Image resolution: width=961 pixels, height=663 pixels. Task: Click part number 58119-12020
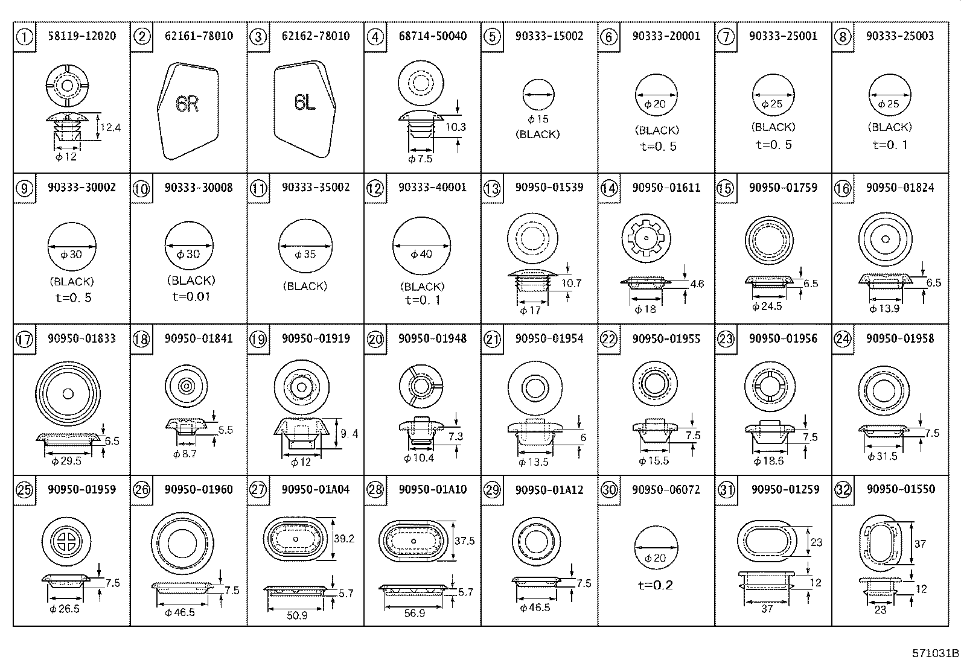point(82,36)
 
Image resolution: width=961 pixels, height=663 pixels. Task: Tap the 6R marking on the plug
point(187,103)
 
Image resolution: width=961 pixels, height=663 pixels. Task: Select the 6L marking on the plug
point(305,102)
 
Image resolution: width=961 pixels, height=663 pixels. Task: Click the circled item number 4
point(375,37)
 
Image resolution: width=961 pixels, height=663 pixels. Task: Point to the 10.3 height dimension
point(456,127)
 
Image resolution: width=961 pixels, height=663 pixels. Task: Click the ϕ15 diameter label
point(538,119)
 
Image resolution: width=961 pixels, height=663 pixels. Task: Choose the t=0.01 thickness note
point(191,296)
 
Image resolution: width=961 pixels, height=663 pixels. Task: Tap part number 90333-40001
point(432,187)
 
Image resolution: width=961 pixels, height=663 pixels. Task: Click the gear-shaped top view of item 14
point(646,238)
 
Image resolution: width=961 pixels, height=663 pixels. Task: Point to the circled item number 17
point(25,340)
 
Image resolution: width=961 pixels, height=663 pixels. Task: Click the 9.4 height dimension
point(350,434)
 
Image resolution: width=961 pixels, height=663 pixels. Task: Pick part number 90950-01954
point(549,338)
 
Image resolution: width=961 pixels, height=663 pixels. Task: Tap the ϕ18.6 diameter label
point(769,461)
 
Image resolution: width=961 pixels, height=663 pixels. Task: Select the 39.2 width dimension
point(344,539)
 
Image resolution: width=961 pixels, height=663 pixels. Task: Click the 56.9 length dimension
point(415,614)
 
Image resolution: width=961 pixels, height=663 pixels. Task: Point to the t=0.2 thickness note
point(656,585)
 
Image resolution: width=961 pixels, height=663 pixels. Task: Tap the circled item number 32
point(843,490)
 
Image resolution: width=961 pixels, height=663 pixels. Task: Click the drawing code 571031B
point(935,653)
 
